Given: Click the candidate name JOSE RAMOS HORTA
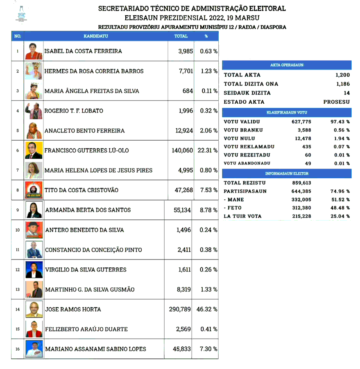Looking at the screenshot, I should click(73, 309).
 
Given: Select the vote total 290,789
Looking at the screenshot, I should click(180, 309).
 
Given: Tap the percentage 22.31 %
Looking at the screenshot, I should click(207, 150).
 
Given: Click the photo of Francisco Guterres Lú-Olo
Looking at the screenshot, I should click(34, 150).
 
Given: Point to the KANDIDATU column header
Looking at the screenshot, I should click(95, 36).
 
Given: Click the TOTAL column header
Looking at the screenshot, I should click(181, 36).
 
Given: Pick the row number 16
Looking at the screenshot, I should click(18, 349).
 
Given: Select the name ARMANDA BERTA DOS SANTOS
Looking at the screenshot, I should click(88, 210).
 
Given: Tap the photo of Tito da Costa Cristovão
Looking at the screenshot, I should click(34, 190).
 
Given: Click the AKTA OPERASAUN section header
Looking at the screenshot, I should click(287, 65).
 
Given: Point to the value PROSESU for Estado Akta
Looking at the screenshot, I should click(336, 102).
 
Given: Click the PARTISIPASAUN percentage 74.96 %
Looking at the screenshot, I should click(340, 191).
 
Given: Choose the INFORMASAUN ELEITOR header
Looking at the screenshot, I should click(287, 174).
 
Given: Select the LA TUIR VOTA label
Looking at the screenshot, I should click(242, 216).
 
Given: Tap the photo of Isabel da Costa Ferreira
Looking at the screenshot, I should click(34, 52).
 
